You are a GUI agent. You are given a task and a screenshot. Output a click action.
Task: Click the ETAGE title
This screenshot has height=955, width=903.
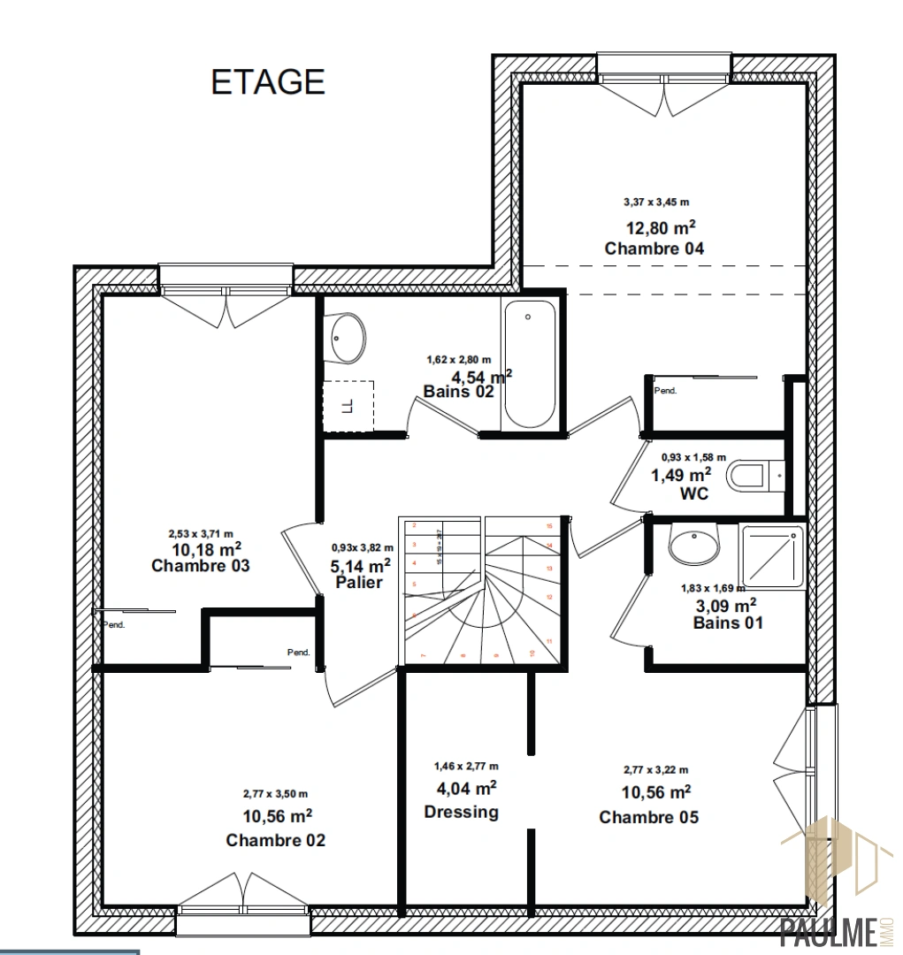[268, 81]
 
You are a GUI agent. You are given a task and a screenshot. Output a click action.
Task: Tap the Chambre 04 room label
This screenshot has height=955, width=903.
[654, 248]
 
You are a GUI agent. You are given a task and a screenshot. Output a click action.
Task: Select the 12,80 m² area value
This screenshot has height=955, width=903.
[654, 226]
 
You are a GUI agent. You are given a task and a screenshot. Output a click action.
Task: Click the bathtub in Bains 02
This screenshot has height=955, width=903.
[529, 365]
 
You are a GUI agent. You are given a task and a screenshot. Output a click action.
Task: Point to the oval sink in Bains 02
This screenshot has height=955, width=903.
[348, 338]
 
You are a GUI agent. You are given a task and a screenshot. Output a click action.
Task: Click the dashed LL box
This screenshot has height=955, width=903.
[348, 406]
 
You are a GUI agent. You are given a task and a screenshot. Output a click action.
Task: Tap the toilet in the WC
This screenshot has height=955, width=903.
[754, 477]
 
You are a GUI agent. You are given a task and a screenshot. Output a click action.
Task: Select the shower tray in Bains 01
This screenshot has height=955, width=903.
[772, 557]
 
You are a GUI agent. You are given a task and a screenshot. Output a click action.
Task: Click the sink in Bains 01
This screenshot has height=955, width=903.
[694, 545]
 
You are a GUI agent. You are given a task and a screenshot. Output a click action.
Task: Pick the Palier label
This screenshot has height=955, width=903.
[359, 583]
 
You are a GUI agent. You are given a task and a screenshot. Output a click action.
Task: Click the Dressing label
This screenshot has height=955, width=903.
[461, 812]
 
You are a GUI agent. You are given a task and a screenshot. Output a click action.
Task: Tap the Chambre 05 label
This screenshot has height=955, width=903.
[648, 817]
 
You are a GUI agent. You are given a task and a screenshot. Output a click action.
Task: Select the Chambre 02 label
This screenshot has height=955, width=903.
[275, 839]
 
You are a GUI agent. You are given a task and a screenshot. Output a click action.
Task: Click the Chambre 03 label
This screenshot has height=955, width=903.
[200, 566]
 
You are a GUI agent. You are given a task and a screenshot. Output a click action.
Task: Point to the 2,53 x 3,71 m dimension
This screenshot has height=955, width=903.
[201, 533]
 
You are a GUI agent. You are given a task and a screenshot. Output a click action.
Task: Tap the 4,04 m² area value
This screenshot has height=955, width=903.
[464, 789]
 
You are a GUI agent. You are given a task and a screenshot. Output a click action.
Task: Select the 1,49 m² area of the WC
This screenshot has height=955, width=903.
[681, 475]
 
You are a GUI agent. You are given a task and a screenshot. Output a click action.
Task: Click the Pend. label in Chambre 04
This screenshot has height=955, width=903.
[664, 390]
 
